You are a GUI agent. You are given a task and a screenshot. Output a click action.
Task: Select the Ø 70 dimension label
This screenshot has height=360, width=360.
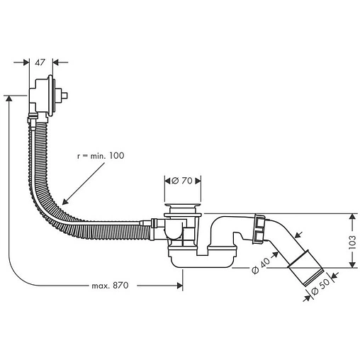[184, 181]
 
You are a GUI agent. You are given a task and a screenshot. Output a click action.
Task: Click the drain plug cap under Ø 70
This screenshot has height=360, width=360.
[184, 207]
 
